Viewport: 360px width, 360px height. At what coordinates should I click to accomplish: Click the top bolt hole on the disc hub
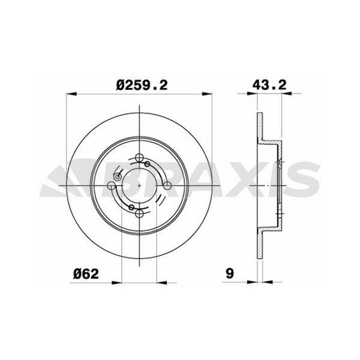140,158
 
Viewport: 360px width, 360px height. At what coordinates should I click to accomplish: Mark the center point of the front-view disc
140,185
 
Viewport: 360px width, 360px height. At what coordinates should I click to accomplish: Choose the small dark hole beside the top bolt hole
148,163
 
